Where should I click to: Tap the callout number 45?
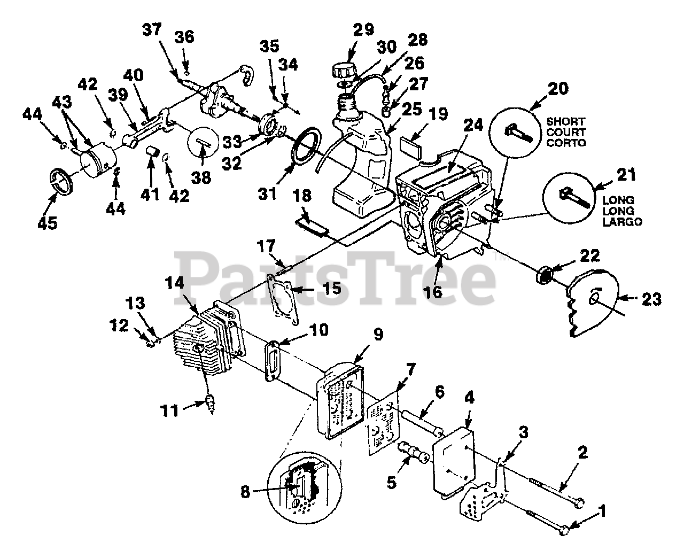pyautogui.click(x=48, y=223)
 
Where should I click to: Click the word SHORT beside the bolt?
pyautogui.click(x=565, y=121)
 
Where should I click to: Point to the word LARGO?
pyautogui.click(x=622, y=222)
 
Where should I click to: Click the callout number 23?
pyautogui.click(x=651, y=299)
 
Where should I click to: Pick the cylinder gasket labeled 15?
pyautogui.click(x=283, y=299)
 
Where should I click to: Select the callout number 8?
pyautogui.click(x=245, y=492)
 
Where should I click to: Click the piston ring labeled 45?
pyautogui.click(x=63, y=183)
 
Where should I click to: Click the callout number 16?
pyautogui.click(x=433, y=292)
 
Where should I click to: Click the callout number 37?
pyautogui.click(x=152, y=30)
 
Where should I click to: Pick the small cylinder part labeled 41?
pyautogui.click(x=152, y=151)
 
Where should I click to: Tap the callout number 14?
pyautogui.click(x=175, y=283)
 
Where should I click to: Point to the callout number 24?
pyautogui.click(x=473, y=125)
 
